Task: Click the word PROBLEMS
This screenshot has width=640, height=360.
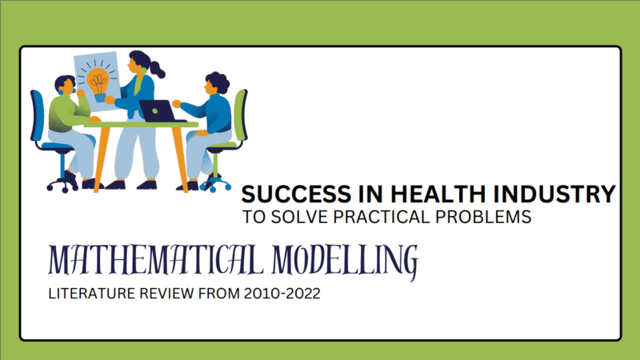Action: pyautogui.click(x=483, y=217)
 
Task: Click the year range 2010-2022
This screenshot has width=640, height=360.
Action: pyautogui.click(x=282, y=294)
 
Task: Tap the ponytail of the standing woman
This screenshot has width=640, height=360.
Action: pyautogui.click(x=157, y=70)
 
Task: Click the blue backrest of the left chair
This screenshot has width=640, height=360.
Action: pyautogui.click(x=37, y=115)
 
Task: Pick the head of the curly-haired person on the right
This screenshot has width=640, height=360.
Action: pyautogui.click(x=216, y=83)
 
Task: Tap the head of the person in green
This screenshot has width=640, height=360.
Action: pyautogui.click(x=65, y=85)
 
